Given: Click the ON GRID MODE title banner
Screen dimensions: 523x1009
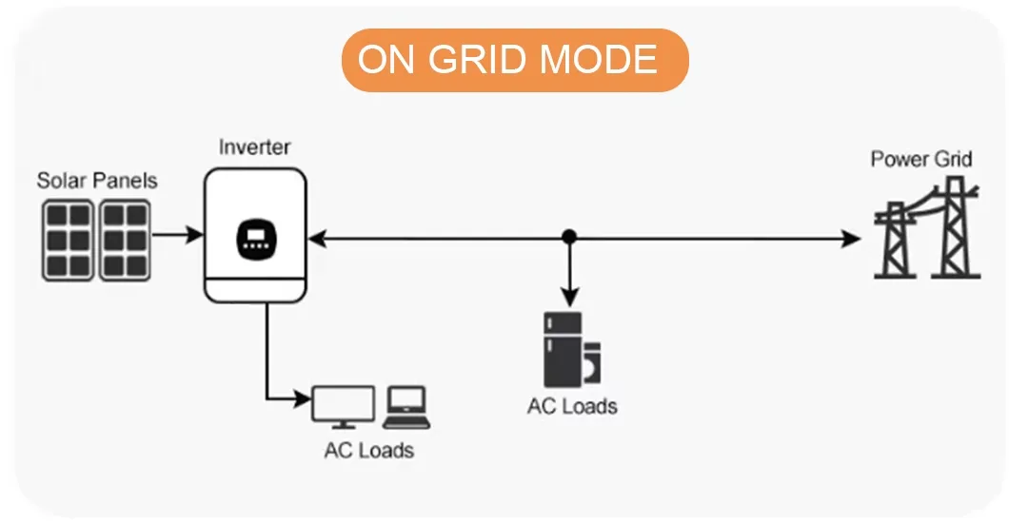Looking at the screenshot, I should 514,60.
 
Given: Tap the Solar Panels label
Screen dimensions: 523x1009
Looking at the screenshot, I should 97,180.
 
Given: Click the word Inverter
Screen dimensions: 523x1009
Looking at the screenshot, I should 254,147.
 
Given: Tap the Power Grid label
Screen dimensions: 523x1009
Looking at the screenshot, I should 921,159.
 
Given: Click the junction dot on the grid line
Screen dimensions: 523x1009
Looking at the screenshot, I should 569,235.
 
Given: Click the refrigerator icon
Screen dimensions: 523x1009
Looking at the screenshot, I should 563,348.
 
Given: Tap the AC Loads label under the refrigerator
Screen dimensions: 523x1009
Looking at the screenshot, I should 572,406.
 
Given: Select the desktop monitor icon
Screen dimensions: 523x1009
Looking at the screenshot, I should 343,406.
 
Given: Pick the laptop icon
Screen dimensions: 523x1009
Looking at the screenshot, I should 406,407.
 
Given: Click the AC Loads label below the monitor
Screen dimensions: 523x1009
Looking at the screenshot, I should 369,450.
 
